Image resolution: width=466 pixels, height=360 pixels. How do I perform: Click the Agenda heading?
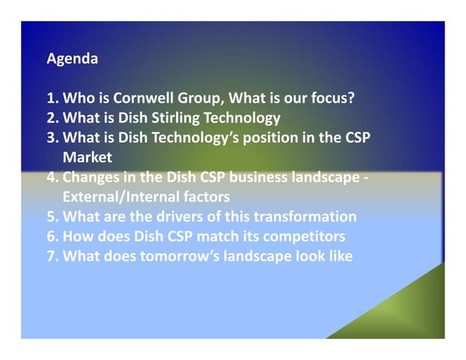point(72,58)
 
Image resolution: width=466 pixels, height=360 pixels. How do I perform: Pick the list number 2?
point(51,117)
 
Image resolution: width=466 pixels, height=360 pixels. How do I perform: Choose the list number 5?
point(51,216)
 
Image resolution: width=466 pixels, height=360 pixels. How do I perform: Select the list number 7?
point(51,256)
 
